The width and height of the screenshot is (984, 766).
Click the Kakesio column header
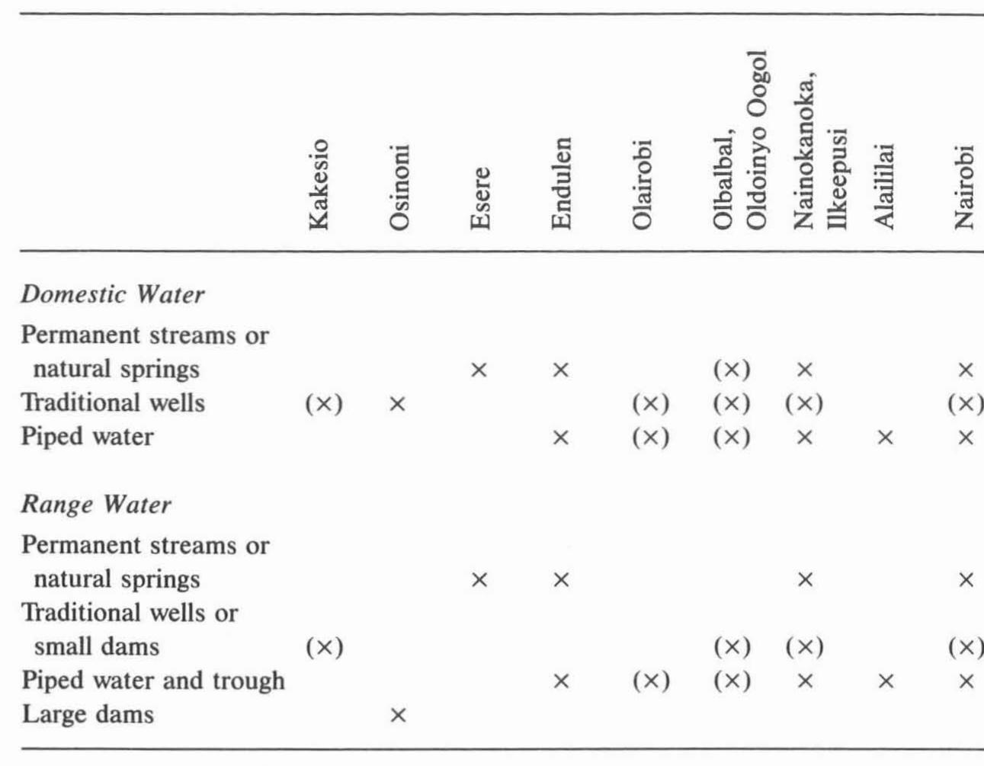click(x=319, y=184)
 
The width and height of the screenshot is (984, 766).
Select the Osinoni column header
click(x=399, y=187)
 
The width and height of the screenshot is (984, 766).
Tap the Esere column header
click(x=480, y=198)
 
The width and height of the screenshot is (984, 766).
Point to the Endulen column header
click(x=561, y=183)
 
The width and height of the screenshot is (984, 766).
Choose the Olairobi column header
click(x=643, y=184)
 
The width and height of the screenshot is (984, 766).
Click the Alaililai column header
click(x=884, y=187)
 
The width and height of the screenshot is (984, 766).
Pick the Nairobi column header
click(x=965, y=187)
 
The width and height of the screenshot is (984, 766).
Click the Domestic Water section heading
click(x=113, y=295)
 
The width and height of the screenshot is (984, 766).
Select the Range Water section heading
click(x=96, y=505)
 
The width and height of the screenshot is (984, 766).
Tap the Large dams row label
click(x=88, y=715)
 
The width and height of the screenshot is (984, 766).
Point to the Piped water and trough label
click(x=153, y=681)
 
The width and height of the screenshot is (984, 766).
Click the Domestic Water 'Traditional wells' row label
click(x=113, y=402)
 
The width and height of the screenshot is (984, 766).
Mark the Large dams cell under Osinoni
click(x=398, y=716)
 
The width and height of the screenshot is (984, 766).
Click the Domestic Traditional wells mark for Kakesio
click(x=324, y=404)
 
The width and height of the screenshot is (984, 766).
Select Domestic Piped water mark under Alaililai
click(x=885, y=438)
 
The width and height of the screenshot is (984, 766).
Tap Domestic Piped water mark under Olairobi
click(x=650, y=438)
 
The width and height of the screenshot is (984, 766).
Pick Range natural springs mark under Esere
click(x=479, y=580)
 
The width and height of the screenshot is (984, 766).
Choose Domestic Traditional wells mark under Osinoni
click(x=397, y=404)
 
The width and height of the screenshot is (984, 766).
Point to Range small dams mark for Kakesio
click(x=324, y=648)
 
